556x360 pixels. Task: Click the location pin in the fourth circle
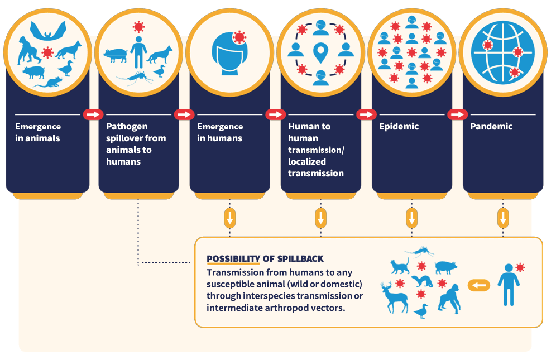point(320,53)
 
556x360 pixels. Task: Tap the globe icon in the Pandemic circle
point(502,53)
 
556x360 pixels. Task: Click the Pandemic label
point(491,127)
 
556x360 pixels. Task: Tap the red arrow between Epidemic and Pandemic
point(457,114)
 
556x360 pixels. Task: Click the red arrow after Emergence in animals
point(93,114)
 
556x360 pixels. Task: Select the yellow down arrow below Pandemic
point(502,218)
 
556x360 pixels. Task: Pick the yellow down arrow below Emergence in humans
point(229,218)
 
